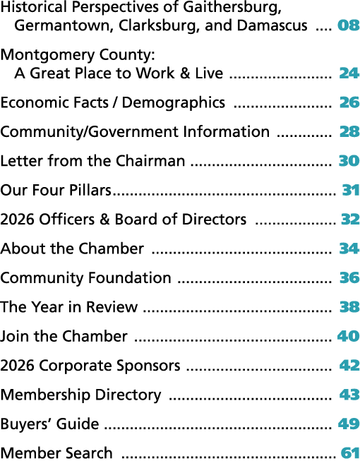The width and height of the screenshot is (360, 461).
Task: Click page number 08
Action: pyautogui.click(x=349, y=25)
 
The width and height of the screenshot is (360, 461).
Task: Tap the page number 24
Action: pyautogui.click(x=349, y=73)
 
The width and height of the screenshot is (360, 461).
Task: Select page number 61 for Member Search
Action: pyautogui.click(x=350, y=453)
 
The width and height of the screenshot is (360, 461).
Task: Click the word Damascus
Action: pyautogui.click(x=272, y=25)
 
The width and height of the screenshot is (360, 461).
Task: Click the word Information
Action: pyautogui.click(x=227, y=131)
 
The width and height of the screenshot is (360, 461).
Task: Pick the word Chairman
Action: pyautogui.click(x=150, y=160)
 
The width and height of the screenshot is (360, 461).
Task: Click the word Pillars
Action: pyautogui.click(x=90, y=190)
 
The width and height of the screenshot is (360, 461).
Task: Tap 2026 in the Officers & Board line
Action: pyautogui.click(x=18, y=219)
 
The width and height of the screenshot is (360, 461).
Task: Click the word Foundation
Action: pyautogui.click(x=130, y=277)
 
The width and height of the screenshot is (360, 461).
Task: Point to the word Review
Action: pyautogui.click(x=112, y=306)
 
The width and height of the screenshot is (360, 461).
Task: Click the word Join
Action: pyautogui.click(x=14, y=337)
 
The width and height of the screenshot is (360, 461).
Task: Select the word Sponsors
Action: pyautogui.click(x=148, y=366)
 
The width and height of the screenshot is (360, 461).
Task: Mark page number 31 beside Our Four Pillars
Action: pyautogui.click(x=351, y=190)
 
